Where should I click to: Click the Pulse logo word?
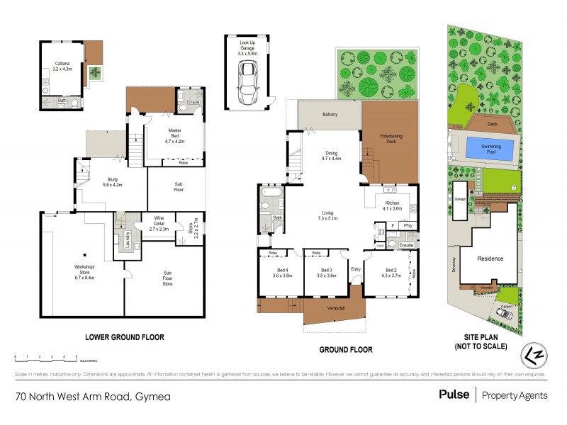click(x=454, y=395)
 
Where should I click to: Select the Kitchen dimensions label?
click(x=393, y=208)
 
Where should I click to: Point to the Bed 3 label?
click(x=326, y=273)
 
